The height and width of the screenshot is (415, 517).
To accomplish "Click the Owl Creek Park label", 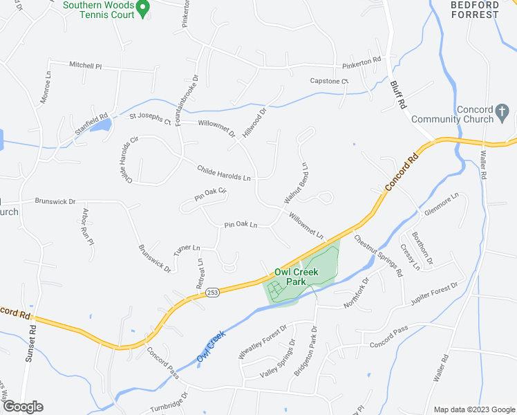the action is (x=297, y=277).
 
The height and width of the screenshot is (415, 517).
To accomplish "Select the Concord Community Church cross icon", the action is (x=503, y=111).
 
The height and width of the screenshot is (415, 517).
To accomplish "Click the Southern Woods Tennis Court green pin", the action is (x=142, y=8).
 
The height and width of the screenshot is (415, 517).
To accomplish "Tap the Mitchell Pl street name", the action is (x=85, y=65).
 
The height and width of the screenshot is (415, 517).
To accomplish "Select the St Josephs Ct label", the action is (x=150, y=120).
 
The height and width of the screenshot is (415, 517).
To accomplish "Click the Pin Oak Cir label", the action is (x=210, y=196).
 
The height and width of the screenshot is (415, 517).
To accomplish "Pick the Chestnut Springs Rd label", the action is (x=379, y=255).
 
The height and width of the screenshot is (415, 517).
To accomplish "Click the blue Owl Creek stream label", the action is (x=210, y=347).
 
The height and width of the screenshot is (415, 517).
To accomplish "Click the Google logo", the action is (x=23, y=407).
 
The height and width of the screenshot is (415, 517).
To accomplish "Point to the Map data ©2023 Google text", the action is (x=473, y=409).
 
